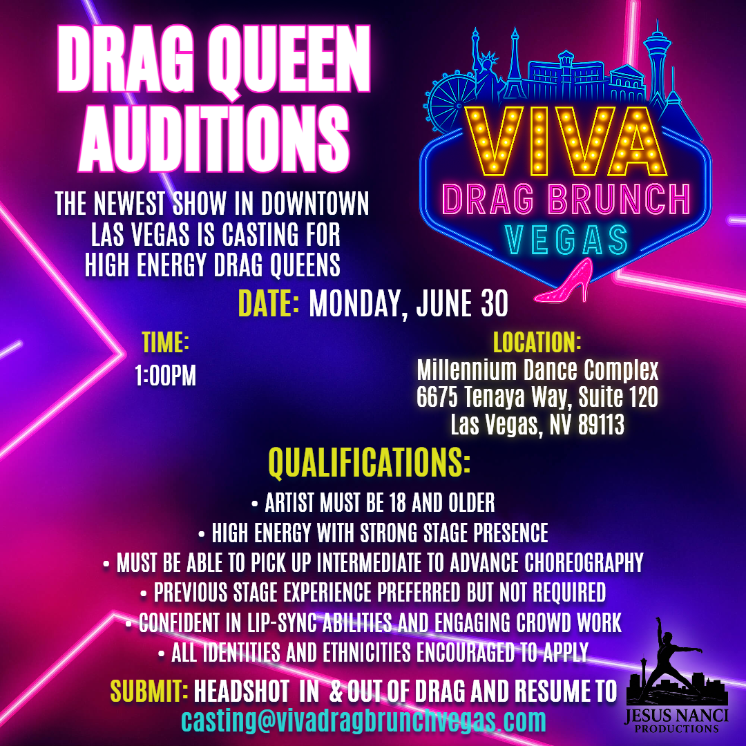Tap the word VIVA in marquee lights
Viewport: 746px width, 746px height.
pyautogui.click(x=566, y=141)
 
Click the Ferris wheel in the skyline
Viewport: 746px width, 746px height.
pyautogui.click(x=449, y=103)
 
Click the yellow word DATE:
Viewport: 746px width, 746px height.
pyautogui.click(x=269, y=303)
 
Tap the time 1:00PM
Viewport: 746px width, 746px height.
pyautogui.click(x=165, y=376)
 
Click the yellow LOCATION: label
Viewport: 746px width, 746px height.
pyautogui.click(x=537, y=342)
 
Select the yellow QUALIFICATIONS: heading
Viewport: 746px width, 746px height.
pyautogui.click(x=369, y=461)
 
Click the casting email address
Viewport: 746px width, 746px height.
pyautogui.click(x=363, y=720)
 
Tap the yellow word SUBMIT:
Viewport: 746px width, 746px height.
pyautogui.click(x=149, y=691)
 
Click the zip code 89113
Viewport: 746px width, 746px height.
pyautogui.click(x=601, y=424)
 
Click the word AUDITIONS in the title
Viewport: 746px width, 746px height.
pyautogui.click(x=214, y=139)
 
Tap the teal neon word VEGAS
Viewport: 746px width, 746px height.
pyautogui.click(x=566, y=239)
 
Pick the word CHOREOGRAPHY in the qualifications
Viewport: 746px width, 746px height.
pyautogui.click(x=584, y=563)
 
